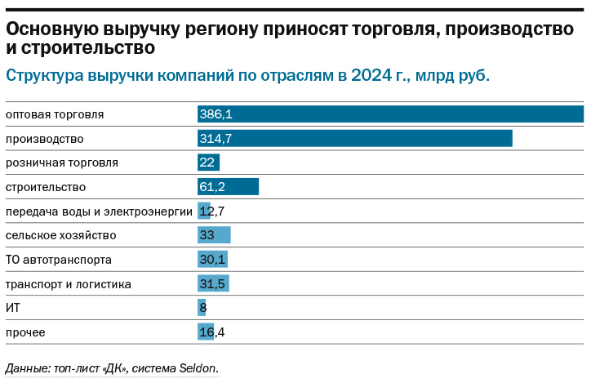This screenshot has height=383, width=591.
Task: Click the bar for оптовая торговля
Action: coord(390,114)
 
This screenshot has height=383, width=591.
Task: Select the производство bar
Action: coord(355,139)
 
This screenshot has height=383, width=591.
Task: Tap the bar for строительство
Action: coord(228,187)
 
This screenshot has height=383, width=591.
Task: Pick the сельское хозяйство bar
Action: coord(214,235)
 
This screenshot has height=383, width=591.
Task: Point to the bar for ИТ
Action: coord(202,308)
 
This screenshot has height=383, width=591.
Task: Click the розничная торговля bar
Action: coord(209,163)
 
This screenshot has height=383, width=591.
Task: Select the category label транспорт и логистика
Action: coord(68,284)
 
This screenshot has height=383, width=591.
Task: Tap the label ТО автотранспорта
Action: coord(58,260)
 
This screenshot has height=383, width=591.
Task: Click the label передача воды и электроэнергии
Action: coord(99,212)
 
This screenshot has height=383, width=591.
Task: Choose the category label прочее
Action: coord(25,332)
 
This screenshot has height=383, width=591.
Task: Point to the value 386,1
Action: coord(216,114)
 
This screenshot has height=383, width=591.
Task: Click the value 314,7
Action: coord(216,139)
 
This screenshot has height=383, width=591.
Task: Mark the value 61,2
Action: coord(213,187)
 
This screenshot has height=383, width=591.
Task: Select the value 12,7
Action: coord(213,212)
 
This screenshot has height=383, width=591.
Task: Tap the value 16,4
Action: coord(213,332)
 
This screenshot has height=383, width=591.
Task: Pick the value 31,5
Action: coord(213,284)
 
